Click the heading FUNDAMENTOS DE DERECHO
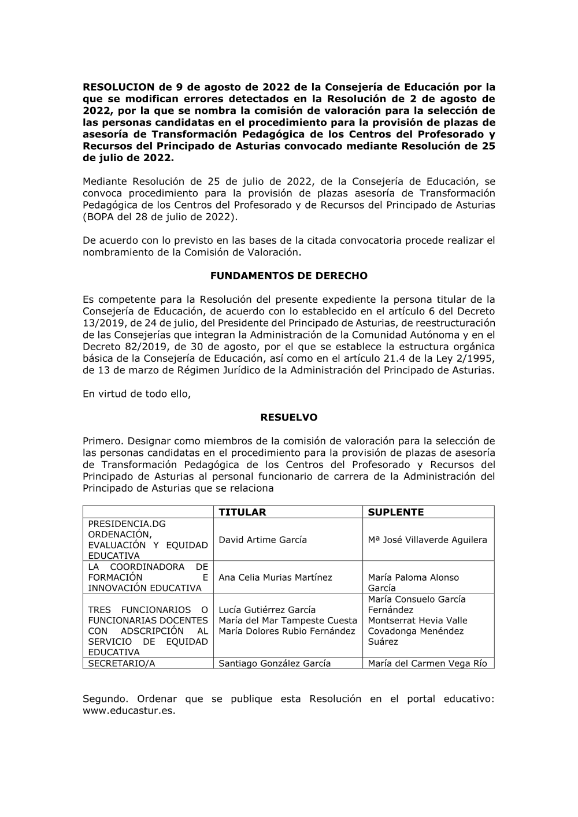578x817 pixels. point(288,276)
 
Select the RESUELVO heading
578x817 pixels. point(288,417)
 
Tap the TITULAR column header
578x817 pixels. point(242,512)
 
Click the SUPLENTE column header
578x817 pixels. point(396,512)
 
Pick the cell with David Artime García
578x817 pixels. point(262,540)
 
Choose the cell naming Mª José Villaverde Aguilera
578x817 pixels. point(427,540)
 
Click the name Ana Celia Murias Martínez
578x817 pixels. point(275,577)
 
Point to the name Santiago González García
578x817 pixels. point(275,663)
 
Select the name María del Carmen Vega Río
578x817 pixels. point(427,663)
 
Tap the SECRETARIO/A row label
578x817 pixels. point(121,663)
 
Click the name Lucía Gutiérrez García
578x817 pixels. point(267,610)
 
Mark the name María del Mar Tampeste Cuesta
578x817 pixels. point(288,621)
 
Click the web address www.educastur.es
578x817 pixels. point(129,711)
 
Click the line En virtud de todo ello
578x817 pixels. point(136,394)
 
